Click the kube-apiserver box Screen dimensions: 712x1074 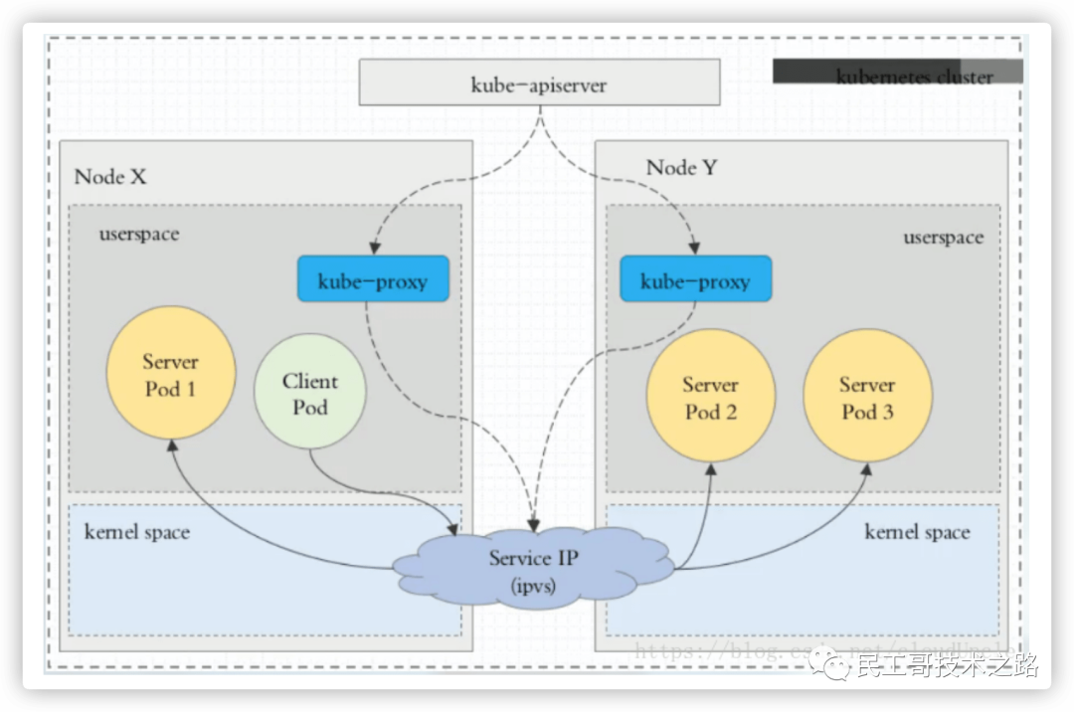[x=539, y=83]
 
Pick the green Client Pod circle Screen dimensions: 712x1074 [x=310, y=393]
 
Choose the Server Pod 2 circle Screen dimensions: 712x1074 [x=710, y=396]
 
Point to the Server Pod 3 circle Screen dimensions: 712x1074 [x=867, y=396]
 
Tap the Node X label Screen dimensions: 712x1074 [x=110, y=177]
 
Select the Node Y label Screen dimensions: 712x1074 [x=681, y=167]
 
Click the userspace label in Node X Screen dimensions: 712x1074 [x=139, y=236]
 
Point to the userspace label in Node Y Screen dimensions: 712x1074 [x=943, y=238]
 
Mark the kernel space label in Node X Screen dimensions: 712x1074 [x=136, y=532]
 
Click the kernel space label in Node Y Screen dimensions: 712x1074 [x=916, y=532]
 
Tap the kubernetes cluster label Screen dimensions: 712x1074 [x=914, y=76]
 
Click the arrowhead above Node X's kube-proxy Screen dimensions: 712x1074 [x=372, y=250]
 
